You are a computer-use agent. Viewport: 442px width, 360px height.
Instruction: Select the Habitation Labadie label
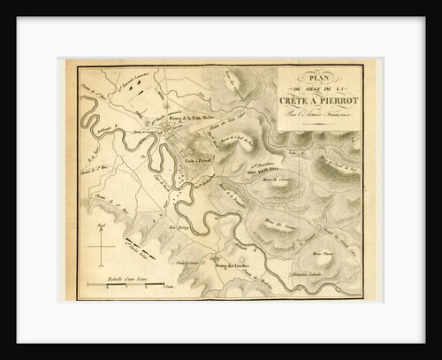(x=330, y=272)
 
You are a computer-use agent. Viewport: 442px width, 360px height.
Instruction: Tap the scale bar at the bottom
(x=123, y=286)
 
